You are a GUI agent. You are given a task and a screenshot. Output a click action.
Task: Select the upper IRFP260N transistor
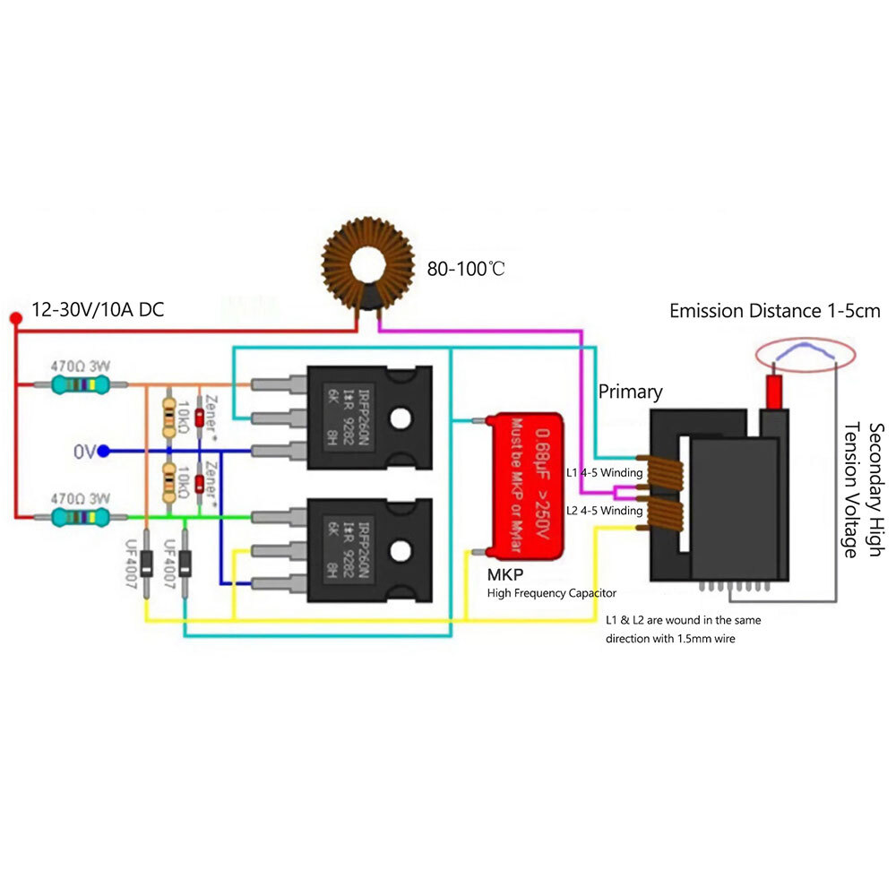tap(369, 417)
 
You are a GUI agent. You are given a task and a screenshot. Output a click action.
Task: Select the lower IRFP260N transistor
tap(369, 549)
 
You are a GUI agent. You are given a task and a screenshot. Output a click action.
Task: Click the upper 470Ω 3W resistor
tap(82, 384)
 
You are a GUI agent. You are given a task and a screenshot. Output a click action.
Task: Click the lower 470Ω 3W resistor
tap(82, 517)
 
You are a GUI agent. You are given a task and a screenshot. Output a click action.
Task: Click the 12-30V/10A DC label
tap(99, 310)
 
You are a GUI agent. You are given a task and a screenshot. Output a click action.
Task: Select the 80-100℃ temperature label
tap(465, 268)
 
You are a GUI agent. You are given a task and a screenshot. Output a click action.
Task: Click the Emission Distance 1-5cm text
tap(775, 311)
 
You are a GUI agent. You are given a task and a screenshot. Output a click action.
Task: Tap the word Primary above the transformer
tap(631, 392)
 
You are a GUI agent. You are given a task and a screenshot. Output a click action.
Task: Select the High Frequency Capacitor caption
tap(552, 593)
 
